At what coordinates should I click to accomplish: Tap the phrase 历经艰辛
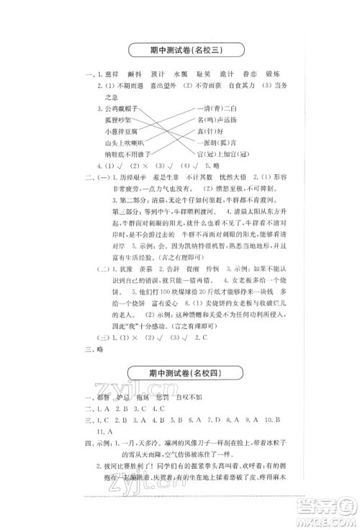[122, 177]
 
